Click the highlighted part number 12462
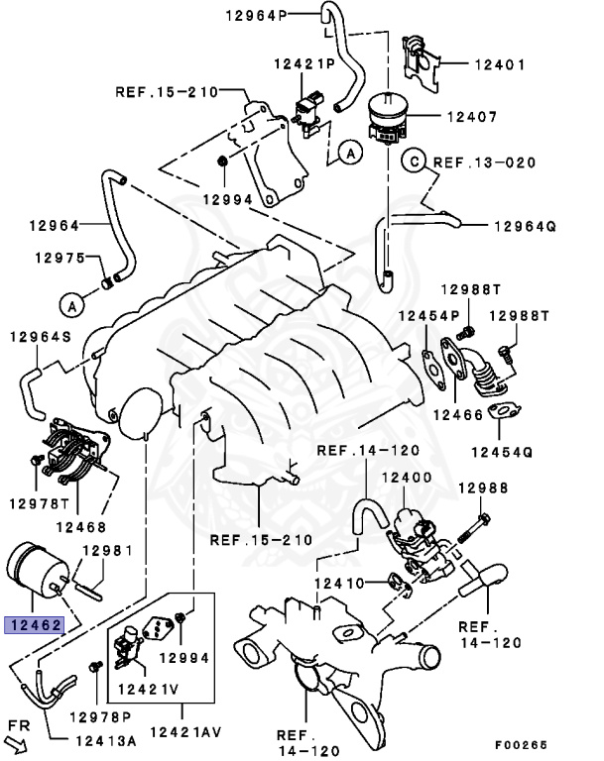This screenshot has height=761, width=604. point(36,625)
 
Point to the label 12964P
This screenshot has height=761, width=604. point(255,17)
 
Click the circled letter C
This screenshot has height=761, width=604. point(413,161)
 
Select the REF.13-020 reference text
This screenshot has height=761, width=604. point(484,162)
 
